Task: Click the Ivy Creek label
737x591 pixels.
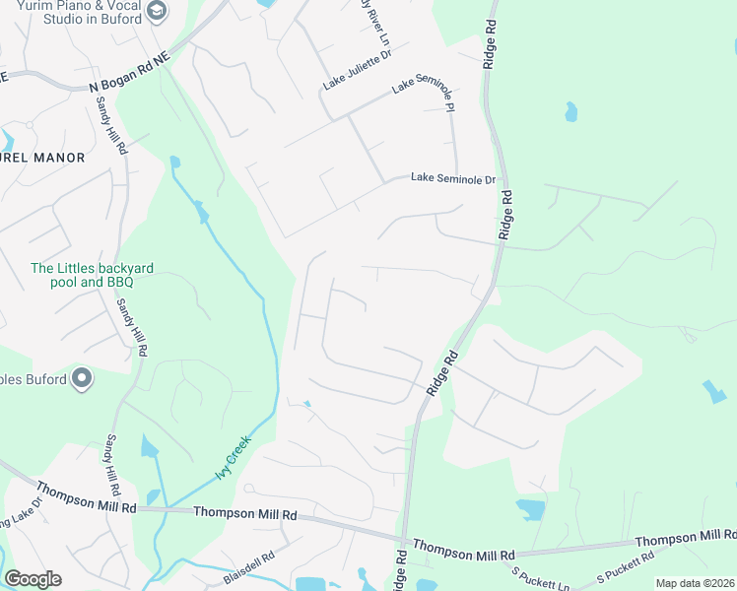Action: point(234,459)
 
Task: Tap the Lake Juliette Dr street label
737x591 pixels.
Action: point(351,72)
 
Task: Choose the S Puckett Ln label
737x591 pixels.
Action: point(540,577)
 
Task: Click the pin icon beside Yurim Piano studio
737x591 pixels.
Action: point(156,11)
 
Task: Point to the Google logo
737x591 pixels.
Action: point(33,579)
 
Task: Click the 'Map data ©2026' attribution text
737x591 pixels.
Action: point(694,583)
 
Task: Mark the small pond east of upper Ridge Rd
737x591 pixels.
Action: point(570,111)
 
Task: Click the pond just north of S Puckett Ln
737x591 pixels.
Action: point(529,508)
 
